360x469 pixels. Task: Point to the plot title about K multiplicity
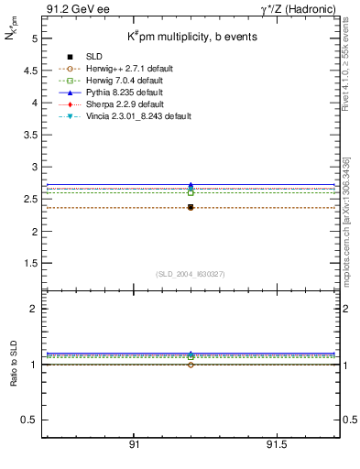[186, 37]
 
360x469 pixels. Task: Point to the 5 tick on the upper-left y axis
[34, 39]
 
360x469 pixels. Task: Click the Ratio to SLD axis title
[14, 365]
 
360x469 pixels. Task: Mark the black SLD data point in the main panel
[191, 207]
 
